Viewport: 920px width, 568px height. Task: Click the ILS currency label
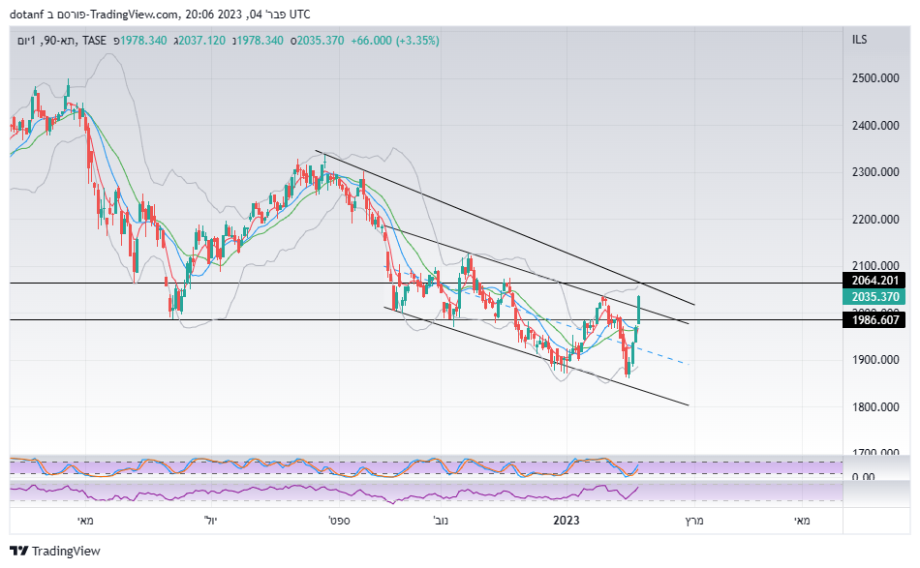tap(859, 40)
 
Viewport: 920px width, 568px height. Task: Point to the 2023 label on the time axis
tap(567, 521)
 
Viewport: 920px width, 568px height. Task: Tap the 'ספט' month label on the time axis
tap(338, 521)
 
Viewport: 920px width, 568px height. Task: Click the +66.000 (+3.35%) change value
tap(395, 41)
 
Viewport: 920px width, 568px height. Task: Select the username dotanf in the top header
tap(32, 14)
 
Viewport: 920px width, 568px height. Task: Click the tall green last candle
tap(639, 309)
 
